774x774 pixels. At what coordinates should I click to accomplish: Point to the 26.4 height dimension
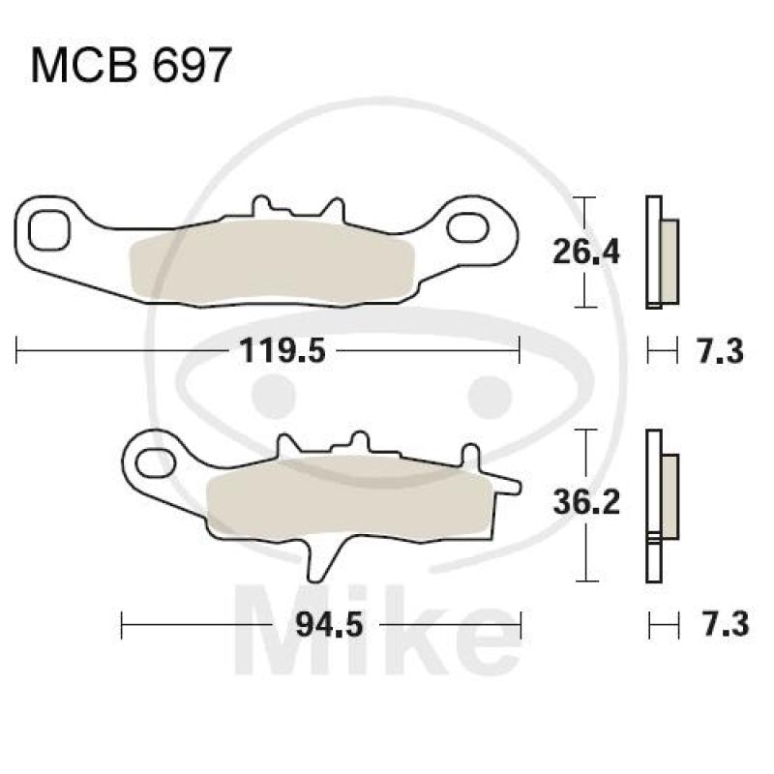pyautogui.click(x=585, y=253)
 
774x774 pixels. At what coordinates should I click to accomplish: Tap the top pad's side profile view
pyautogui.click(x=661, y=253)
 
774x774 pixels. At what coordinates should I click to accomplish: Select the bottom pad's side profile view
pyautogui.click(x=661, y=504)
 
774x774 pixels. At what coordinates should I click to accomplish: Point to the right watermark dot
pyautogui.click(x=487, y=391)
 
